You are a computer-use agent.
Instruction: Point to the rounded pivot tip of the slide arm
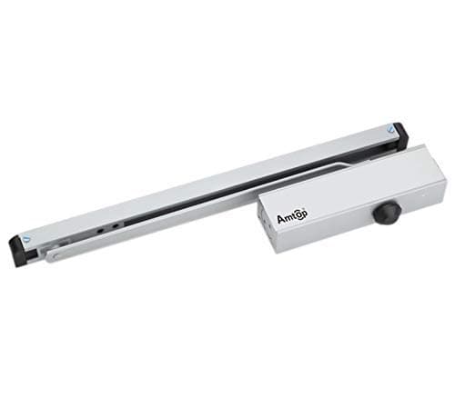point(50,257)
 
